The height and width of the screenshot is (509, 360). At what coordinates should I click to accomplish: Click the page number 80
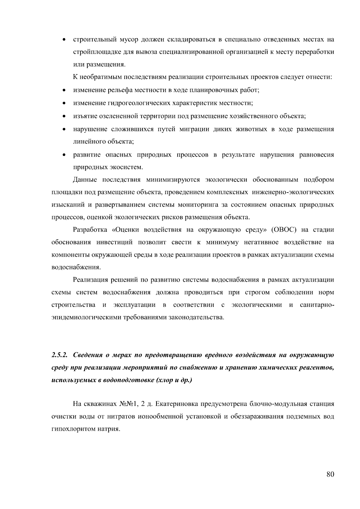pyautogui.click(x=330, y=474)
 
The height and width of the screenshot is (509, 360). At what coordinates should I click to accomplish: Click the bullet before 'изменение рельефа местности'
pyautogui.click(x=64, y=90)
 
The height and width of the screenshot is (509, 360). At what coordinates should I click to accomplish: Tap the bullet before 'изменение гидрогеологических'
pyautogui.click(x=64, y=103)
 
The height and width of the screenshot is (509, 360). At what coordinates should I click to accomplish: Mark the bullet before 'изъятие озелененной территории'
pyautogui.click(x=64, y=116)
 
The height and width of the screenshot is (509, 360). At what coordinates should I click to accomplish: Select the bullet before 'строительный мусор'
pyautogui.click(x=64, y=40)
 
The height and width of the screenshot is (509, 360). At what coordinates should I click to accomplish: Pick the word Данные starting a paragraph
pyautogui.click(x=85, y=180)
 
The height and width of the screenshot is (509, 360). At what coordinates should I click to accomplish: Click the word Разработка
pyautogui.click(x=90, y=230)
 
